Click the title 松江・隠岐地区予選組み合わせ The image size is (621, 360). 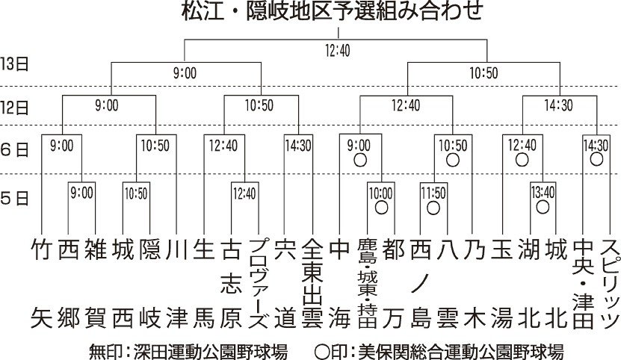(338, 12)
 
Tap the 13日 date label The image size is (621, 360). (14, 63)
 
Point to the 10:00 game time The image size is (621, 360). (380, 193)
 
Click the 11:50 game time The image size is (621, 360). (433, 193)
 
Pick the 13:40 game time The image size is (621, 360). (543, 193)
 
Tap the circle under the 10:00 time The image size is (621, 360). (380, 208)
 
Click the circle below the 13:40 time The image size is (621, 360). (543, 207)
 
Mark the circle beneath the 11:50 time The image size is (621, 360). (433, 208)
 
